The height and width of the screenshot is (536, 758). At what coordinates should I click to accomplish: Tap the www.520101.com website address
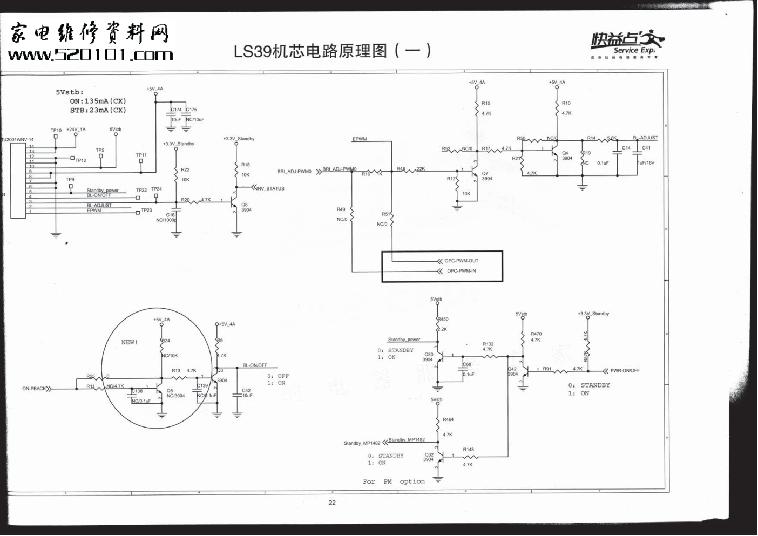pos(90,55)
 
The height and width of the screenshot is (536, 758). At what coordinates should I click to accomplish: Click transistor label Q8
pos(245,205)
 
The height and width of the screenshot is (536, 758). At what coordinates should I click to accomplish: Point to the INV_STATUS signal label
pos(270,188)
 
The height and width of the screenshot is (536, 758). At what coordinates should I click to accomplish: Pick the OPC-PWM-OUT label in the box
pos(461,261)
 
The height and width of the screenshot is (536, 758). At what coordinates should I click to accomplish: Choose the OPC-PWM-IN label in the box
pos(461,271)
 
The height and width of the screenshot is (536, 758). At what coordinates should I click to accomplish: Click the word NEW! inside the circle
pos(130,342)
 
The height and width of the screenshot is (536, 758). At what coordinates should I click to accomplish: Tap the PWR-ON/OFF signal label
pos(625,371)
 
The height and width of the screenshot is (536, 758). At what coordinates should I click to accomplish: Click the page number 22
pos(332,503)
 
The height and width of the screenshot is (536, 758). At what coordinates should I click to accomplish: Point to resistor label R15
pos(486,103)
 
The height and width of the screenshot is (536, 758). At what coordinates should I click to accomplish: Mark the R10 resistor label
pos(566,103)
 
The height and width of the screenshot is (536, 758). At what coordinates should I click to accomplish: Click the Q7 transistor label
pos(485,173)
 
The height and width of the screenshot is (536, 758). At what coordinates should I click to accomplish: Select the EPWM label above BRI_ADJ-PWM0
pos(360,139)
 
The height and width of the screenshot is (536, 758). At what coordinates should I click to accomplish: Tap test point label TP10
pos(56,131)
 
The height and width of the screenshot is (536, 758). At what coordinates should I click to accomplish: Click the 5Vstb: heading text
pos(70,92)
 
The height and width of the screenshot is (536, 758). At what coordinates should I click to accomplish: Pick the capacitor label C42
pos(246,390)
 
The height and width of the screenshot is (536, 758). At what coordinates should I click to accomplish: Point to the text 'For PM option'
pos(394,481)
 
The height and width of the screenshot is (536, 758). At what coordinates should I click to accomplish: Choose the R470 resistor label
pos(536,334)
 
